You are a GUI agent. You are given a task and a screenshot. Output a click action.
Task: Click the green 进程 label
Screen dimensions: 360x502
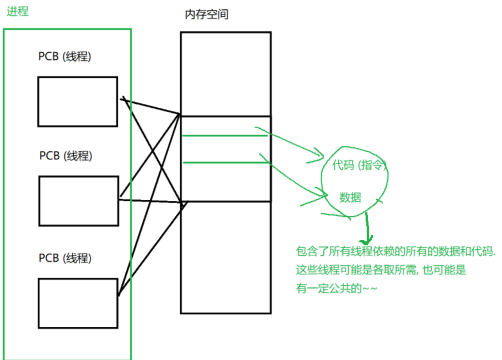[18, 11]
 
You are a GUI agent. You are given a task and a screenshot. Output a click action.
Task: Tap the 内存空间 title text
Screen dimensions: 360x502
[206, 15]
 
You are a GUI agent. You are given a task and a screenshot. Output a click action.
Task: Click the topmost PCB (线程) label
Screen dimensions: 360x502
[65, 57]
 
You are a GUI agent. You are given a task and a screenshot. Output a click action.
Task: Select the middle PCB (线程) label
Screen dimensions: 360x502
[66, 156]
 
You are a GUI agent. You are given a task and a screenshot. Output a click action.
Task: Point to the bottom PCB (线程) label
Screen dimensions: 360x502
[65, 258]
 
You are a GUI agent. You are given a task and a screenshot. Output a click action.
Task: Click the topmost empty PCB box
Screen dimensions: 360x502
[78, 101]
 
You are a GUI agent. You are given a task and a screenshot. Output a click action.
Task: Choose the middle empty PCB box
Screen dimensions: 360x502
[78, 201]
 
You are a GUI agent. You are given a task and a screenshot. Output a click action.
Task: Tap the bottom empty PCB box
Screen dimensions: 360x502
[78, 303]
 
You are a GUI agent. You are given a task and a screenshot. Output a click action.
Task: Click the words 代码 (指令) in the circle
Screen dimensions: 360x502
[358, 165]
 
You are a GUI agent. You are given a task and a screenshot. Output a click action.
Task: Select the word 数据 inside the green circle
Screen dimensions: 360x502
[350, 198]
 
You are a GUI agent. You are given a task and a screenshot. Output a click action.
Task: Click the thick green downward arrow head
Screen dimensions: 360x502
[367, 238]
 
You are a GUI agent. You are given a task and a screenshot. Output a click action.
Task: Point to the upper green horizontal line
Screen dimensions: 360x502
[225, 136]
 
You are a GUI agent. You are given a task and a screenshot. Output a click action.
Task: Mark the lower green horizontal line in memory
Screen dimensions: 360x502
[225, 162]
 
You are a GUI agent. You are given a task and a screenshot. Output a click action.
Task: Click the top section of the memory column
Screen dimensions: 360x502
[226, 74]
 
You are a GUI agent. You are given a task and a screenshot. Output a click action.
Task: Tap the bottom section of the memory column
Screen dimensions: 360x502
[226, 257]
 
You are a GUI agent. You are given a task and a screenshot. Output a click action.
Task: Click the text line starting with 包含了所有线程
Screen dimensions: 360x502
[395, 252]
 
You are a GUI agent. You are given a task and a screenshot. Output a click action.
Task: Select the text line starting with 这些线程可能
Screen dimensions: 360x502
[381, 270]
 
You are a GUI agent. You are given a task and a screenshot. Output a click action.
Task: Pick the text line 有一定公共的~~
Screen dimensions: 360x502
[337, 289]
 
